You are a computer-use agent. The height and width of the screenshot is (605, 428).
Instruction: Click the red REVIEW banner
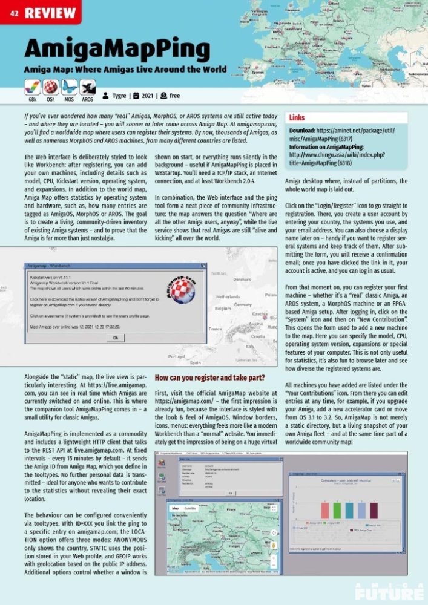(51, 12)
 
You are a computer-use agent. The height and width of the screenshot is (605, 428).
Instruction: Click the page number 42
(14, 13)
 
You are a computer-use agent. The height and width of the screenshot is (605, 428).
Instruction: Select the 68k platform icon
(33, 87)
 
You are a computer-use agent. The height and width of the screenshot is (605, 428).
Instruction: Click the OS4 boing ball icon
(51, 87)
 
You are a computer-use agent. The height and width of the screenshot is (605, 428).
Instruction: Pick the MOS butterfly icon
(70, 87)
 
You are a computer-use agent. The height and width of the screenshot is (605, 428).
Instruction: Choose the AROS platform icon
(88, 87)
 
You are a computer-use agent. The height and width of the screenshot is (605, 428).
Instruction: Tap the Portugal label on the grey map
(177, 356)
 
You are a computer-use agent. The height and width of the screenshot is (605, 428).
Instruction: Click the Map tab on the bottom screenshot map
(176, 509)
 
